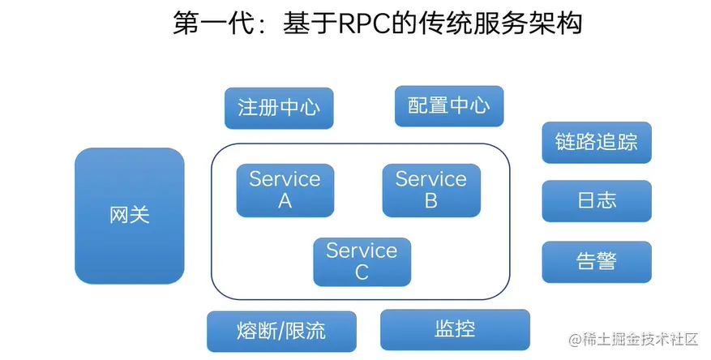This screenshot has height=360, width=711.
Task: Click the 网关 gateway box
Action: tap(130, 215)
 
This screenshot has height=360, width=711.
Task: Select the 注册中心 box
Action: tap(279, 108)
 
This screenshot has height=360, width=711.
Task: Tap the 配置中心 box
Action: tap(448, 105)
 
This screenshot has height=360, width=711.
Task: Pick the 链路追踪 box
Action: tap(596, 142)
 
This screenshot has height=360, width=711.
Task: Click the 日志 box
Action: tap(596, 200)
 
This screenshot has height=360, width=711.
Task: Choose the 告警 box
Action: tap(596, 261)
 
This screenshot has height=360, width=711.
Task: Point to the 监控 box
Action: tap(455, 329)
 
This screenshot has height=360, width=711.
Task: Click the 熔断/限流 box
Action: tap(282, 331)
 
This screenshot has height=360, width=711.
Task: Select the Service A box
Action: tap(285, 190)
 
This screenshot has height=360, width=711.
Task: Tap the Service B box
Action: tap(430, 190)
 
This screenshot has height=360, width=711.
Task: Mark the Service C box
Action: tap(362, 261)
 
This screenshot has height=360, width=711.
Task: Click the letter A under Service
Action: tap(285, 201)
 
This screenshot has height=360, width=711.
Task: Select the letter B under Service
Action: tap(430, 201)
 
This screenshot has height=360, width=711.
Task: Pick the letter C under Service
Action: tap(362, 272)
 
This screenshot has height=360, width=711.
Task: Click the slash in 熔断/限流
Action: tap(282, 331)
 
